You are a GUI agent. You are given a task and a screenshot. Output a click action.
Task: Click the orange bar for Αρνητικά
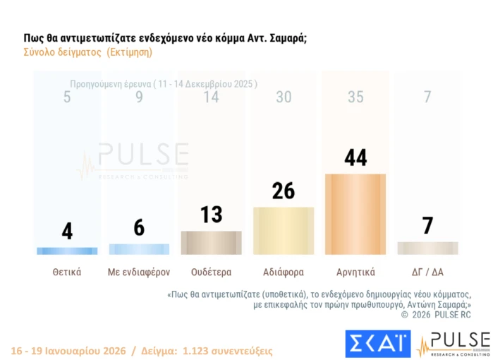tap(355, 214)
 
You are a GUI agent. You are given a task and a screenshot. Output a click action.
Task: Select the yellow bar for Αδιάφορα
tap(284, 230)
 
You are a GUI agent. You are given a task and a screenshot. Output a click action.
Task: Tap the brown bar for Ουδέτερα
tap(212, 242)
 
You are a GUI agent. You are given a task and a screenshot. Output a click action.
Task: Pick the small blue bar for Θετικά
tap(67, 251)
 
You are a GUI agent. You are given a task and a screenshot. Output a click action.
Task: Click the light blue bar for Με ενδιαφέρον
tap(139, 248)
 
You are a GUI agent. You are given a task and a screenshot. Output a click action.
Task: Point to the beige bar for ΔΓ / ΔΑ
tap(427, 248)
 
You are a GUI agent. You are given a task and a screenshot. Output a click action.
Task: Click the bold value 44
tap(355, 158)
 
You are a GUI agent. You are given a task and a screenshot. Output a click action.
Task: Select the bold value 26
tap(284, 191)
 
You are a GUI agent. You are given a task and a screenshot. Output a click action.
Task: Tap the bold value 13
tap(212, 215)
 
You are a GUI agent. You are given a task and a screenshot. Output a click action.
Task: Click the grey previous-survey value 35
tap(355, 97)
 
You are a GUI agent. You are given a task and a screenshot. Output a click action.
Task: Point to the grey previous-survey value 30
tap(284, 97)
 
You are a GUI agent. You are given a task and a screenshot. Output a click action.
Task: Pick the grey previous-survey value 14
tap(212, 97)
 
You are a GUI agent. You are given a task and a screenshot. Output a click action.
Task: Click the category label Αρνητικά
tap(355, 271)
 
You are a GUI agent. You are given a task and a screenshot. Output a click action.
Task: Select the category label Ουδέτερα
tap(212, 271)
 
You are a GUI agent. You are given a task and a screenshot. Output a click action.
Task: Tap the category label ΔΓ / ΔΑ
tap(427, 271)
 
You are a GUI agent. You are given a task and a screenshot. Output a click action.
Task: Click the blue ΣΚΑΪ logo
tap(378, 344)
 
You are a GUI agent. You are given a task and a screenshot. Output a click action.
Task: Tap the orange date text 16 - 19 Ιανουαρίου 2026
tap(68, 350)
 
